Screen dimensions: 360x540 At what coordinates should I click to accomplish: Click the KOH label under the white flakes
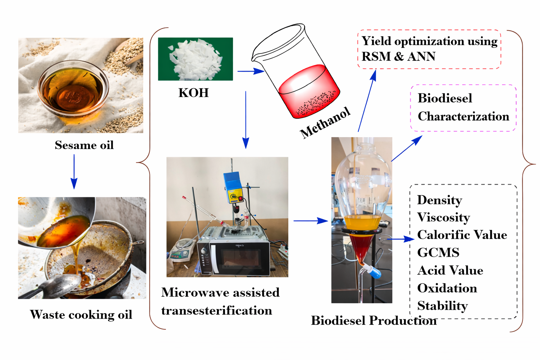(194, 93)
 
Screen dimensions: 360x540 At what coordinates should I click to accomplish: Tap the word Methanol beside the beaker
(325, 123)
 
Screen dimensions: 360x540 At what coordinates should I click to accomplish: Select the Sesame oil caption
(84, 145)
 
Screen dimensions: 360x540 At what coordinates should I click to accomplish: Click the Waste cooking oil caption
(81, 314)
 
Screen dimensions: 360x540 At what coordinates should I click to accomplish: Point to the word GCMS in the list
(438, 252)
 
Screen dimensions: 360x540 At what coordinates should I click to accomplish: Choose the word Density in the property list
(439, 200)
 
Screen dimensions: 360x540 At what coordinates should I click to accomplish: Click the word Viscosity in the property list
(443, 217)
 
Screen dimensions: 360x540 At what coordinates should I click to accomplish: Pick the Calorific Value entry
(462, 235)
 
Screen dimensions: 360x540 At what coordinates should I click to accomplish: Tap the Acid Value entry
(450, 270)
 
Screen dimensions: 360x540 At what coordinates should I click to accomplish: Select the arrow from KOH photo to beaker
(250, 71)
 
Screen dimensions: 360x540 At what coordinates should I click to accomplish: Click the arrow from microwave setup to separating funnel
(310, 221)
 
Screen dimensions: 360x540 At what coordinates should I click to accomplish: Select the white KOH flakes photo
(195, 59)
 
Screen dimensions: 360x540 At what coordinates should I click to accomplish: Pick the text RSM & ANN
(398, 57)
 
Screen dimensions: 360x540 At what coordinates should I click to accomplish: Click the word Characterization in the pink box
(463, 116)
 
